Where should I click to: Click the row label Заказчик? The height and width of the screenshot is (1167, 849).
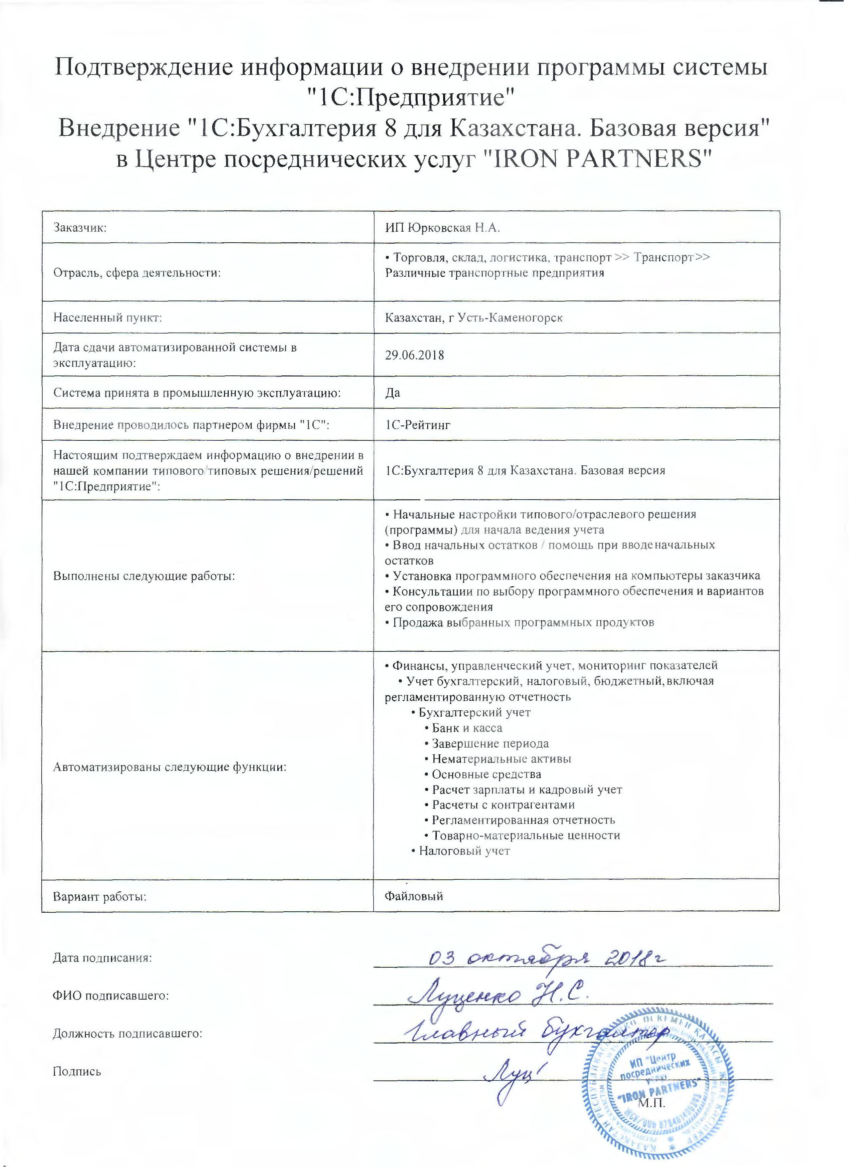pyautogui.click(x=80, y=228)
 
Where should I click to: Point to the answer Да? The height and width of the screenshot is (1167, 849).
pyautogui.click(x=393, y=392)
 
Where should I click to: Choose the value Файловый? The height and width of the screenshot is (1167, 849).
pyautogui.click(x=414, y=896)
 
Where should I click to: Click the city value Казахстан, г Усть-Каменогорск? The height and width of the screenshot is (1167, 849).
pyautogui.click(x=473, y=318)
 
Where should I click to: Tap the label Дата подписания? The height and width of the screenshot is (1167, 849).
pyautogui.click(x=103, y=958)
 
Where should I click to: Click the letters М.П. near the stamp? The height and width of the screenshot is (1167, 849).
pyautogui.click(x=652, y=1103)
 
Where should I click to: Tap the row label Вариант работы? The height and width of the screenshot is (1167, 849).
pyautogui.click(x=100, y=896)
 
